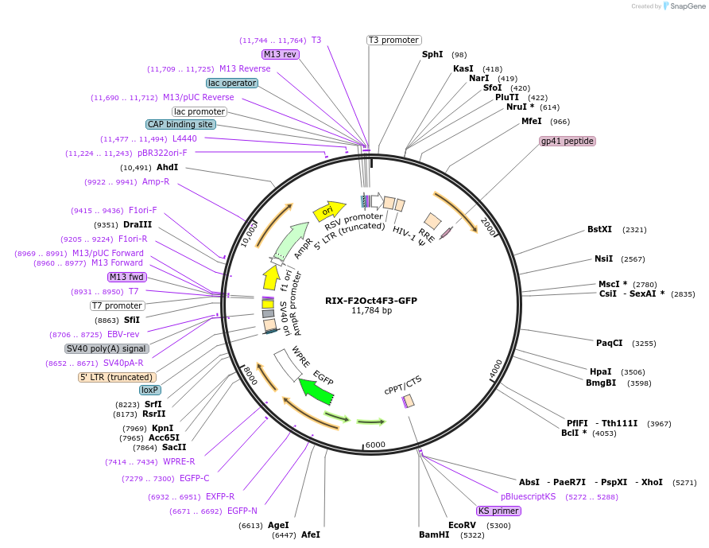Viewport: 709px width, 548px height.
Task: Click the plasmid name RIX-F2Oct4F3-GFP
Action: click(x=370, y=301)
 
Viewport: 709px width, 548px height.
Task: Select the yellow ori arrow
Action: click(x=328, y=210)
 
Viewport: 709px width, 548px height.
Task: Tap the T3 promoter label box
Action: click(x=393, y=40)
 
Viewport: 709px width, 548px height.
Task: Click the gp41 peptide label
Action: click(x=567, y=141)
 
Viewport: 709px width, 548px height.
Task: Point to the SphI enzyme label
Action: click(x=432, y=54)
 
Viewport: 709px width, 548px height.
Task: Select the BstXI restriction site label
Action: click(x=599, y=229)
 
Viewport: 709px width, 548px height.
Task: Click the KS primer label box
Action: click(x=498, y=511)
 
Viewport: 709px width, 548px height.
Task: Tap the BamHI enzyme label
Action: click(x=434, y=534)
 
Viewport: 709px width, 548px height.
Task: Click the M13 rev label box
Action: click(x=281, y=54)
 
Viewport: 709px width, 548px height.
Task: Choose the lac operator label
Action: click(x=231, y=83)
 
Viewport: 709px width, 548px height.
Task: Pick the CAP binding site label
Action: click(x=180, y=124)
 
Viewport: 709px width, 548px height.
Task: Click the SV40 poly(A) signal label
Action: click(x=107, y=348)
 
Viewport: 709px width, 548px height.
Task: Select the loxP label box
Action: click(x=149, y=390)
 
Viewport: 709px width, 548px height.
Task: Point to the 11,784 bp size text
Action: click(x=371, y=311)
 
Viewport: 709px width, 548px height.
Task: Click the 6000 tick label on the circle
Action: click(x=375, y=445)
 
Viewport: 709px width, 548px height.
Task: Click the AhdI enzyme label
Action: click(x=167, y=167)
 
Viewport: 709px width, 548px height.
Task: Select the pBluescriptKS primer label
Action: click(x=528, y=496)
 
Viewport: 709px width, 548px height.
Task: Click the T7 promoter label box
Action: click(x=117, y=305)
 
